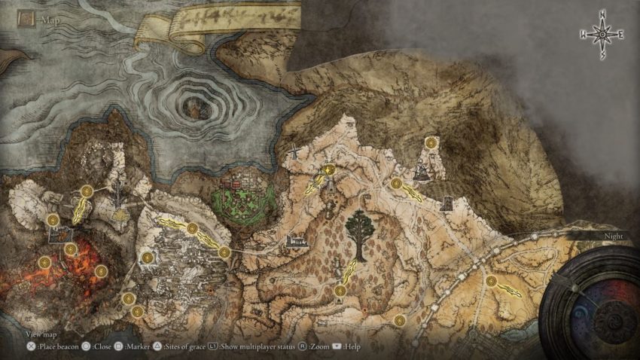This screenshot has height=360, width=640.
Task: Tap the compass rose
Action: click(x=602, y=33)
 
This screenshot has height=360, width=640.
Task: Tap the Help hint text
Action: click(x=352, y=346)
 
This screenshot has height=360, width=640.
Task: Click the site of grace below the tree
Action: click(x=340, y=291)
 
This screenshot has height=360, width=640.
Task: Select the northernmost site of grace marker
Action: click(x=431, y=142)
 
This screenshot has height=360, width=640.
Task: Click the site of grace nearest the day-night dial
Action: click(x=492, y=281)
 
